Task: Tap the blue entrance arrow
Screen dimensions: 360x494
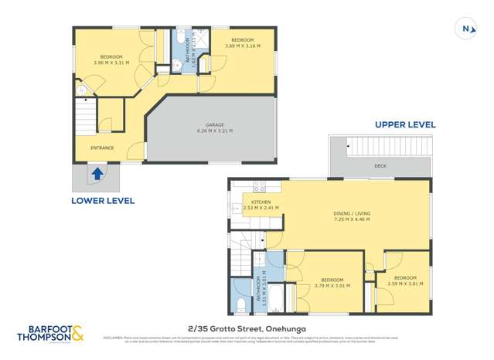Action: tap(97, 175)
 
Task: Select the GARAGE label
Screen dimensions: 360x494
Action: tap(208, 127)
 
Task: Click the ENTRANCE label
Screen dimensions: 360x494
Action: tap(102, 148)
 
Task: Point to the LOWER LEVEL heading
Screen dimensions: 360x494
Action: tap(103, 201)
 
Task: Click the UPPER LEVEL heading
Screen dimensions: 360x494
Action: tap(405, 124)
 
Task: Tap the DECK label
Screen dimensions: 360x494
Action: tap(380, 165)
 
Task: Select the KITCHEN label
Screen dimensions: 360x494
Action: tap(256, 202)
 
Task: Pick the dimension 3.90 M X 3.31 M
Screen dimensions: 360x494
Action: tap(109, 61)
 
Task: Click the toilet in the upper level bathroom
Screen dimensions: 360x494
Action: tap(240, 306)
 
